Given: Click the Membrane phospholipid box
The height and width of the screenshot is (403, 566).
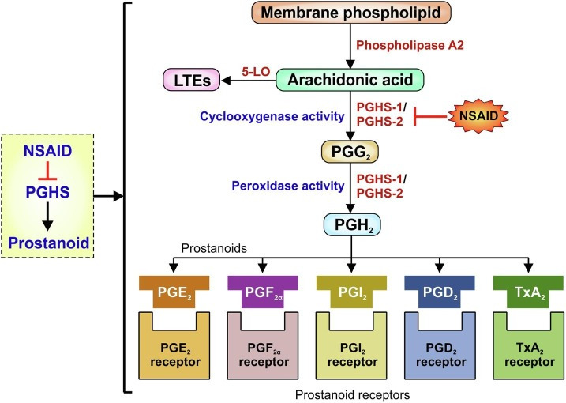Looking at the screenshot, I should click(350, 13).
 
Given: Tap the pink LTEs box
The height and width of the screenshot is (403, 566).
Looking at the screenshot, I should click(190, 80).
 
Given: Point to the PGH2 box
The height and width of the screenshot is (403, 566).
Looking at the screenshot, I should click(351, 225).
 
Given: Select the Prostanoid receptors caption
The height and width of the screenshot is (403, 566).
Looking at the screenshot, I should click(351, 393).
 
